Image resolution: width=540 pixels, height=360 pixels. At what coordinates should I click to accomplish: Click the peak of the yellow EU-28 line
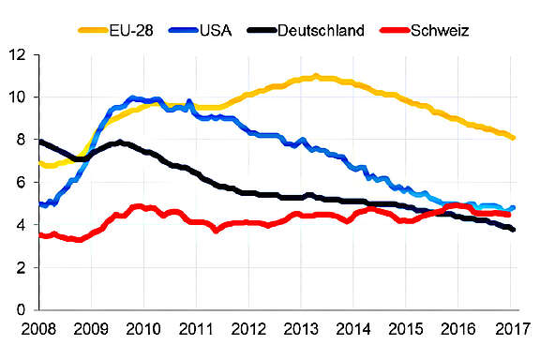(316, 76)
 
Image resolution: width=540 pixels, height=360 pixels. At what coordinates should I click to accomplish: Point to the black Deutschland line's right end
(513, 230)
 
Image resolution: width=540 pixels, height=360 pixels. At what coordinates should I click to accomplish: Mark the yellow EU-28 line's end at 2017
(513, 138)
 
